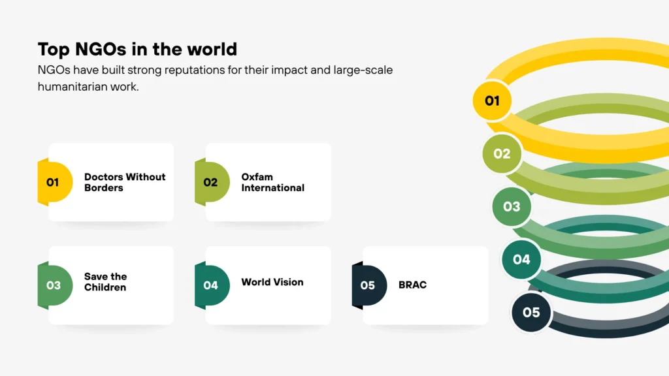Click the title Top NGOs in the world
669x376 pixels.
(x=137, y=50)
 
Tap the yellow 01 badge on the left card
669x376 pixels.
(x=54, y=182)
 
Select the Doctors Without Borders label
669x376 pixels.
(x=124, y=182)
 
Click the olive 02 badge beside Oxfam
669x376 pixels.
(x=211, y=182)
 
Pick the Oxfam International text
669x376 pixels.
(x=272, y=182)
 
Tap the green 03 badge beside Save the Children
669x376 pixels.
(x=54, y=285)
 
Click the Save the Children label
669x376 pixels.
(x=105, y=282)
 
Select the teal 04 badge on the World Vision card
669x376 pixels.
(x=211, y=285)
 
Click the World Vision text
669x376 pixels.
(x=272, y=282)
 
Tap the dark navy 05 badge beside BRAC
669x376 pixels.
(x=368, y=285)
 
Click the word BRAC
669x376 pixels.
(x=412, y=285)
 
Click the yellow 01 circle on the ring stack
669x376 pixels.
(x=492, y=101)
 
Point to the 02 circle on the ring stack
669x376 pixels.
(x=502, y=154)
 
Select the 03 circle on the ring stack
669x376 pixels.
(x=512, y=206)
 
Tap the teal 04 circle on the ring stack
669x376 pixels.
(x=521, y=260)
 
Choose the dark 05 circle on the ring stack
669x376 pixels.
(x=531, y=312)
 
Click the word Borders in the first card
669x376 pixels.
(x=103, y=188)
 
